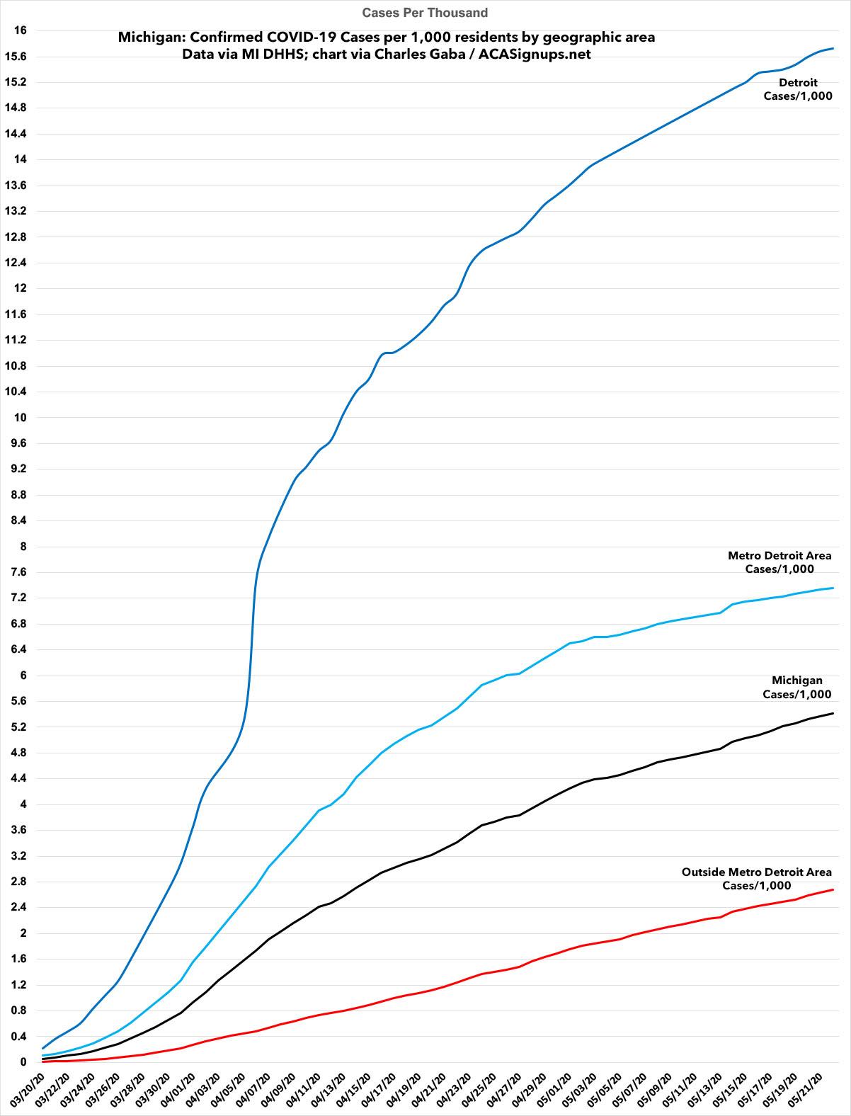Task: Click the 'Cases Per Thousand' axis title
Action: click(x=425, y=13)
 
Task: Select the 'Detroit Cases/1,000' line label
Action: click(x=797, y=89)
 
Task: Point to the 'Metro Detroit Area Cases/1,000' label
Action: click(x=779, y=562)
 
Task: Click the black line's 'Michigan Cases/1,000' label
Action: click(x=796, y=688)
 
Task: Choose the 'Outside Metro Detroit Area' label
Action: click(x=756, y=879)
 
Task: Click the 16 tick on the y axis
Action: click(x=20, y=30)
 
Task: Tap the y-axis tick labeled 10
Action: click(x=20, y=418)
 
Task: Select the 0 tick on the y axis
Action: click(x=23, y=1062)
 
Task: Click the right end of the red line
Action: click(x=833, y=889)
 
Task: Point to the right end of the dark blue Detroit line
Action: click(x=833, y=48)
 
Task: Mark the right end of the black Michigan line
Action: click(x=833, y=713)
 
